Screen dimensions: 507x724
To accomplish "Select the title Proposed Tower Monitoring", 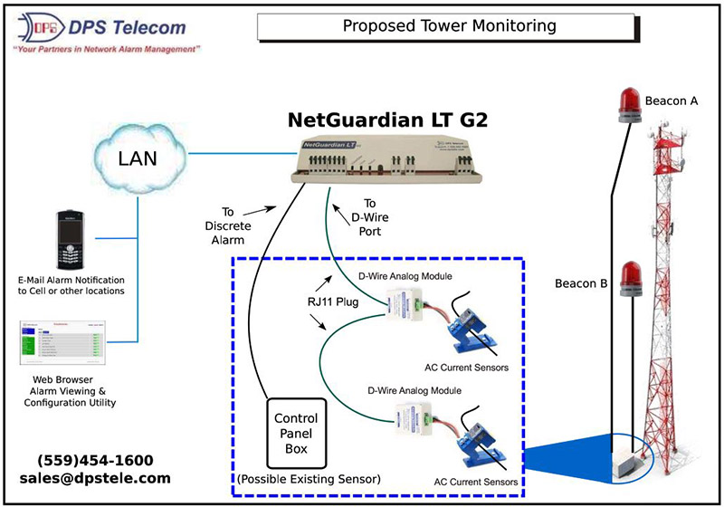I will coord(449,25).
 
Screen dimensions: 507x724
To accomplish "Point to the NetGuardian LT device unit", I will coord(386,159).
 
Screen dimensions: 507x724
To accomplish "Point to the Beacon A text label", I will coord(672,100).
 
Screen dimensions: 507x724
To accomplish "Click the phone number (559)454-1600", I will coord(95,459).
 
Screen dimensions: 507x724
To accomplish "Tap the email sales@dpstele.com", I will coord(95,477).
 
